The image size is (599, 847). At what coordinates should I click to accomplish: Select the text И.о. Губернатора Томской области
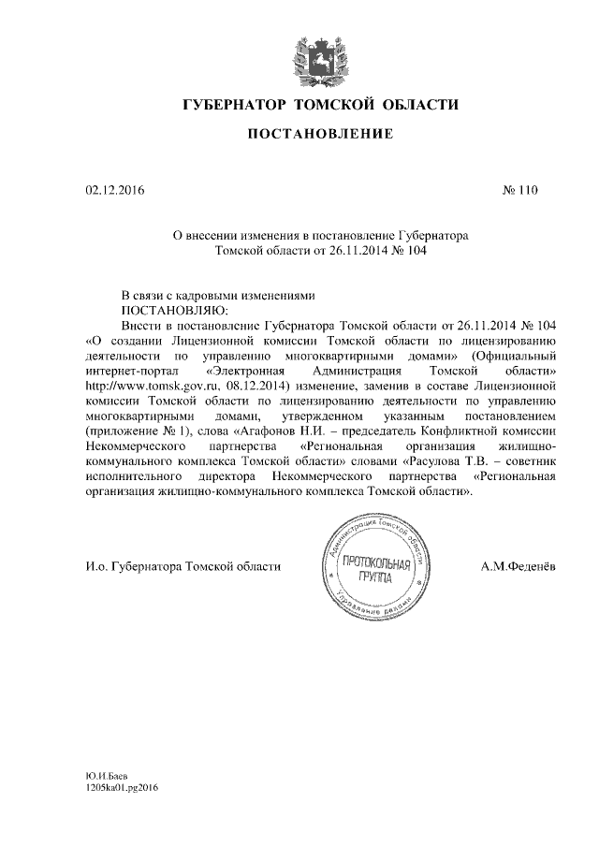(x=182, y=567)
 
